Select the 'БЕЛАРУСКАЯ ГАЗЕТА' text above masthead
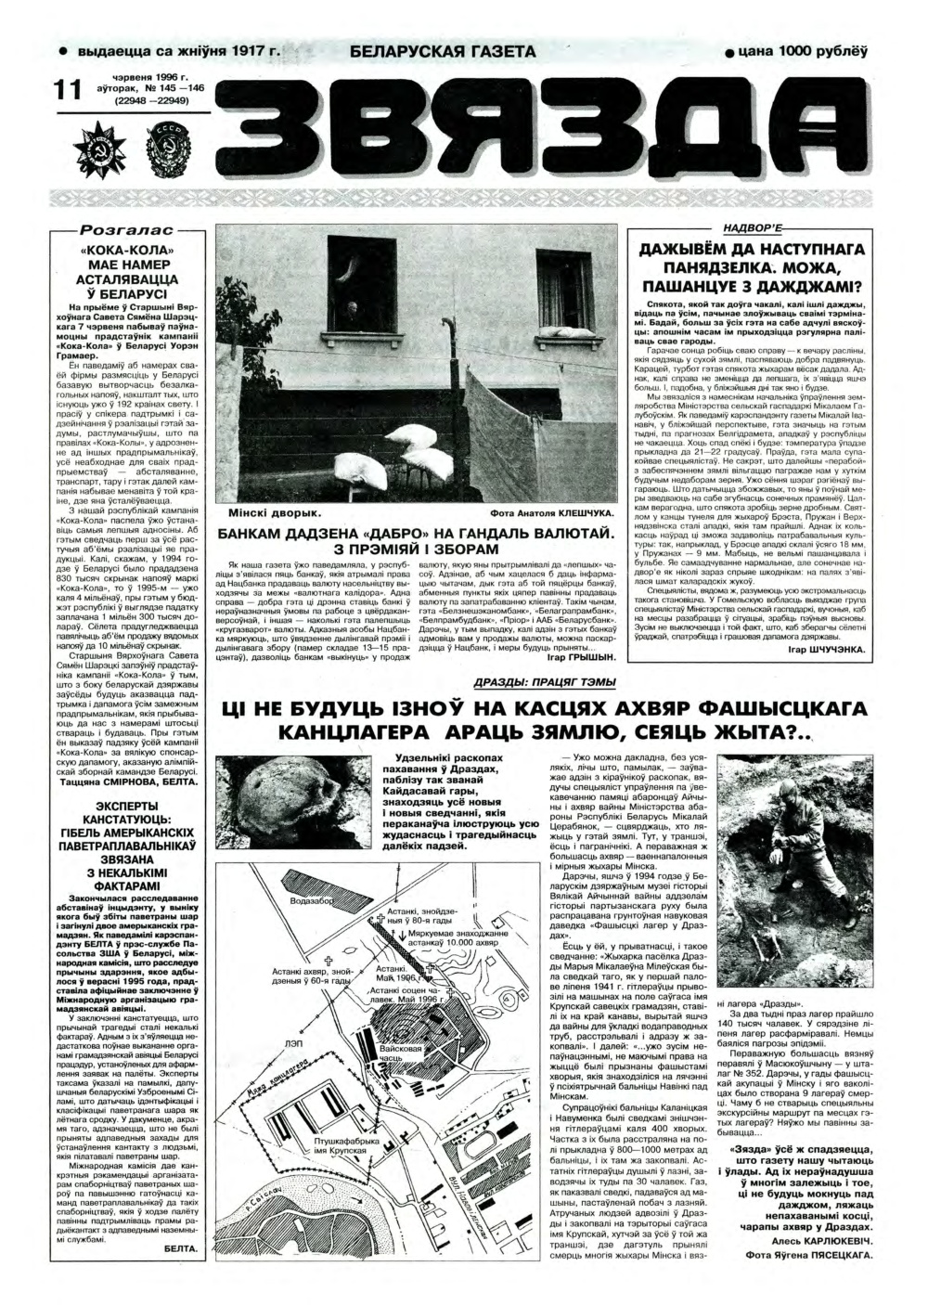tap(444, 52)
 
